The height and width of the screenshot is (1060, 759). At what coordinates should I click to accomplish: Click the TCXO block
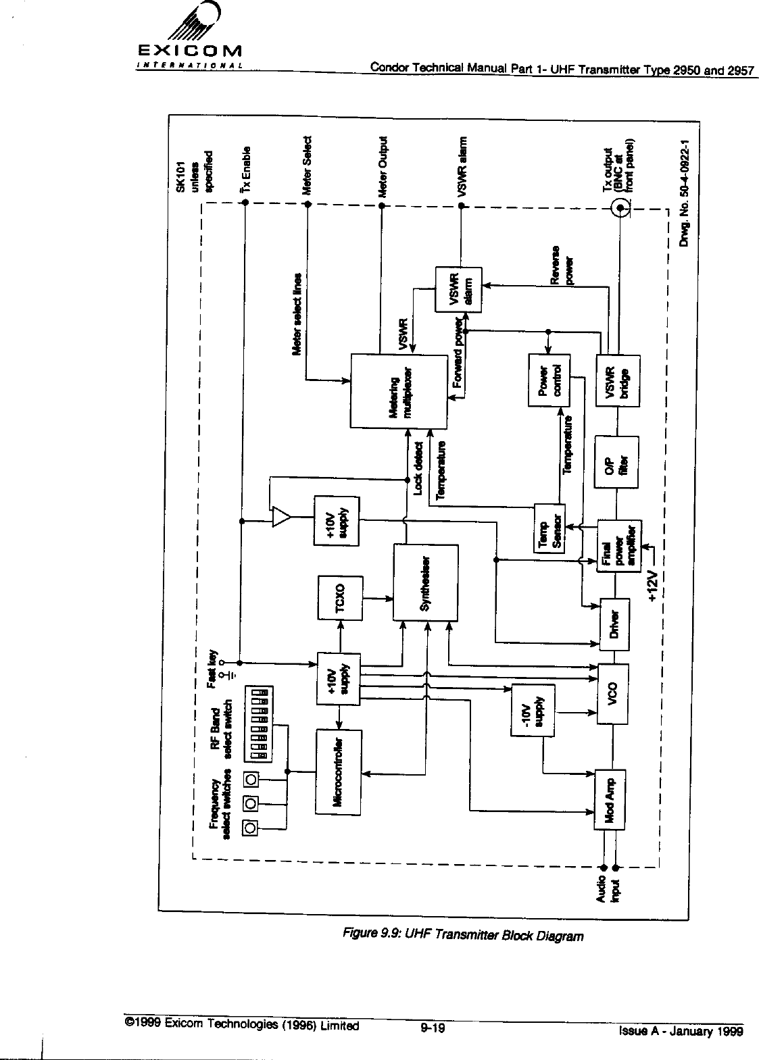(340, 598)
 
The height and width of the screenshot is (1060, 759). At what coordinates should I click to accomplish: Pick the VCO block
(614, 693)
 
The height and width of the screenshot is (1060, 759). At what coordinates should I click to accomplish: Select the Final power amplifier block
(618, 546)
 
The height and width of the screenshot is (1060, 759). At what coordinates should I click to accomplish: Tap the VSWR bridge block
(618, 380)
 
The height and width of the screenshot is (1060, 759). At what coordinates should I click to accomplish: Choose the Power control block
(549, 380)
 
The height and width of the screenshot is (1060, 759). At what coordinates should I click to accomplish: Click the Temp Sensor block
(549, 527)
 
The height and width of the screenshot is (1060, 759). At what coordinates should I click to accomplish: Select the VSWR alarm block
(460, 289)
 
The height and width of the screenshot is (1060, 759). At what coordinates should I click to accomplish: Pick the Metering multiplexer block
(398, 390)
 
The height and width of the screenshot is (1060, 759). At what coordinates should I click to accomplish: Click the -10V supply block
(533, 709)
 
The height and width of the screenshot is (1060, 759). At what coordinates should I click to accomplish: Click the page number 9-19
(431, 1029)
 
